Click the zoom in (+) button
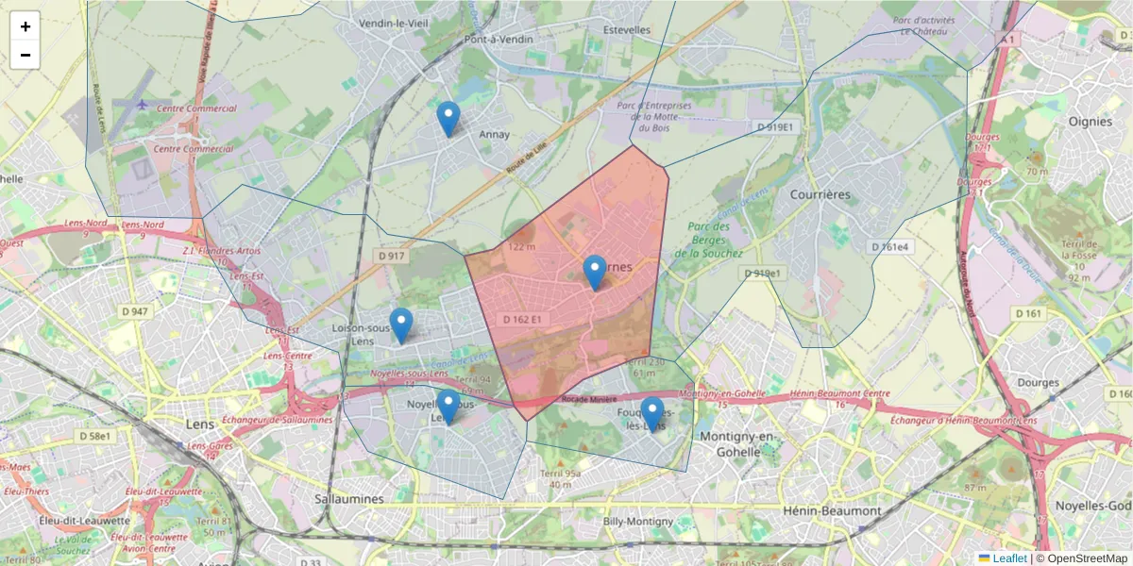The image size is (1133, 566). [25, 26]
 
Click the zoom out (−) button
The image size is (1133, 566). [25, 55]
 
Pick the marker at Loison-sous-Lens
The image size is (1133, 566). [401, 325]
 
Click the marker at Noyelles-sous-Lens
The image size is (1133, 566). [448, 407]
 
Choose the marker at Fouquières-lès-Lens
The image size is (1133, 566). [651, 414]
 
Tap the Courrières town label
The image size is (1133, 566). [819, 194]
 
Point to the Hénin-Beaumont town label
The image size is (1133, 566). [832, 510]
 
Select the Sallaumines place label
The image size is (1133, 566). [349, 498]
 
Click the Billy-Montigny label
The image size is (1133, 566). [638, 521]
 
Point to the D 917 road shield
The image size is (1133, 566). [391, 256]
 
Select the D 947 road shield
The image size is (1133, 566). [135, 311]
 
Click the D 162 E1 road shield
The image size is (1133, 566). [522, 320]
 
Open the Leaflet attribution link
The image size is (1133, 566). [1009, 558]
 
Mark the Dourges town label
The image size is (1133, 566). [1039, 382]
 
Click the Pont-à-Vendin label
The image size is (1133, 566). [499, 40]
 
